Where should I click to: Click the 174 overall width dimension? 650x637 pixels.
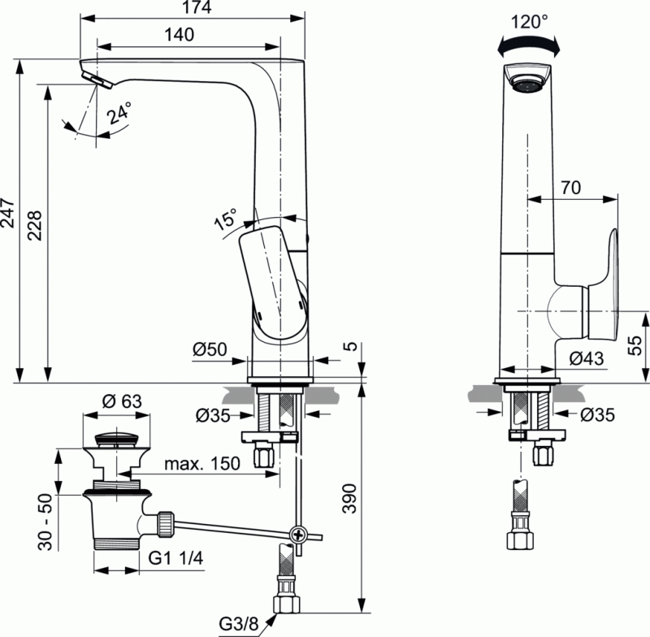click(x=195, y=8)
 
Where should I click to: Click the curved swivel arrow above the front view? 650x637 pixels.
click(x=531, y=46)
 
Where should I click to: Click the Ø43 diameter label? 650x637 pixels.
click(x=585, y=357)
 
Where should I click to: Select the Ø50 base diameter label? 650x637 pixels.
click(x=209, y=350)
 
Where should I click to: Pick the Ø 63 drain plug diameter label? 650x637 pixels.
click(x=120, y=401)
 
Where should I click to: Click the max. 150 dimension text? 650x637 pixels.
click(x=202, y=464)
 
